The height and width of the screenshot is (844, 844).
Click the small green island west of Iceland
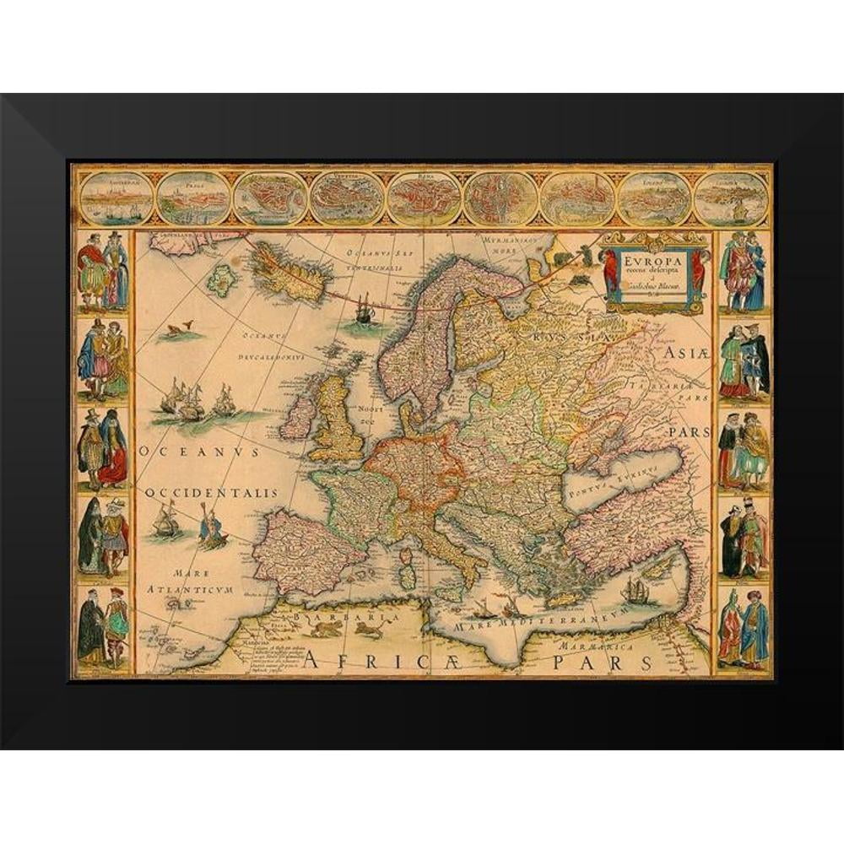[223, 281]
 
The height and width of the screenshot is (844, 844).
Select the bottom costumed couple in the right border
[743, 629]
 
